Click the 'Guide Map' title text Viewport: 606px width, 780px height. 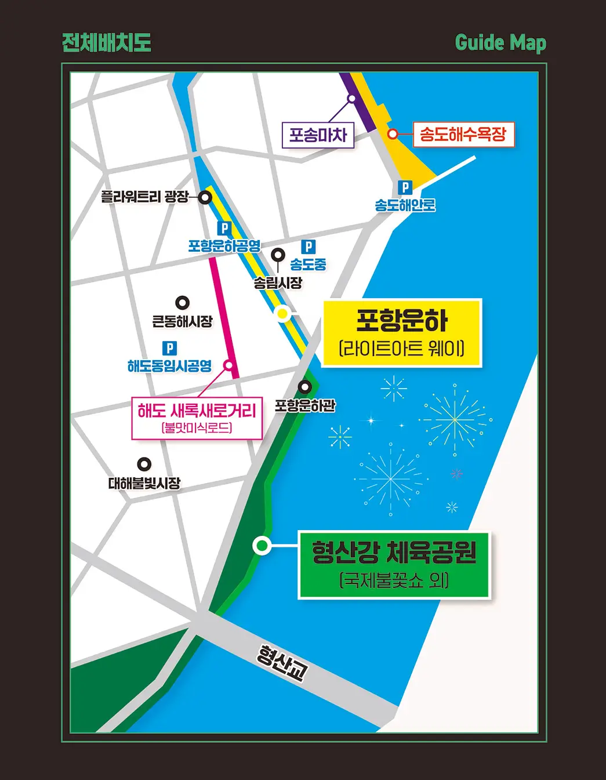(500, 43)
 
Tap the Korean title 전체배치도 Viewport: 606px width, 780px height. (107, 42)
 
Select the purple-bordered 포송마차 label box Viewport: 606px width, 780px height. (318, 135)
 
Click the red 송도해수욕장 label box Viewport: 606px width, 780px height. (463, 134)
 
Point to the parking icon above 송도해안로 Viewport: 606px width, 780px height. (405, 188)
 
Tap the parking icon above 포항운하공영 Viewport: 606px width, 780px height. (224, 228)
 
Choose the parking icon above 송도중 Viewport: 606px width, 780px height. (309, 247)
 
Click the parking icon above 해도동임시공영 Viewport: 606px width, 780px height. (169, 348)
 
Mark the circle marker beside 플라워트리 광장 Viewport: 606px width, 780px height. (205, 197)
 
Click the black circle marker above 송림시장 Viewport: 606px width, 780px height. (278, 255)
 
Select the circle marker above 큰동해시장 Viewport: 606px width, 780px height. (183, 303)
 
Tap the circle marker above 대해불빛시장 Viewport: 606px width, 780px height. (144, 465)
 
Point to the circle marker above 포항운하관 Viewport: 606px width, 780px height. (305, 387)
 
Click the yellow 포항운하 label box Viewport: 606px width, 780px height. (402, 333)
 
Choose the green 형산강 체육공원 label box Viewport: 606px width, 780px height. (394, 565)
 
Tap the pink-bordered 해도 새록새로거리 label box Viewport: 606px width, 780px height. (197, 418)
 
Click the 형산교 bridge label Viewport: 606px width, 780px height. (282, 663)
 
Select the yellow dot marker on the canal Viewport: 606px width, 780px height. (282, 314)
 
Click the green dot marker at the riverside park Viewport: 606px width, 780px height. (262, 546)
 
